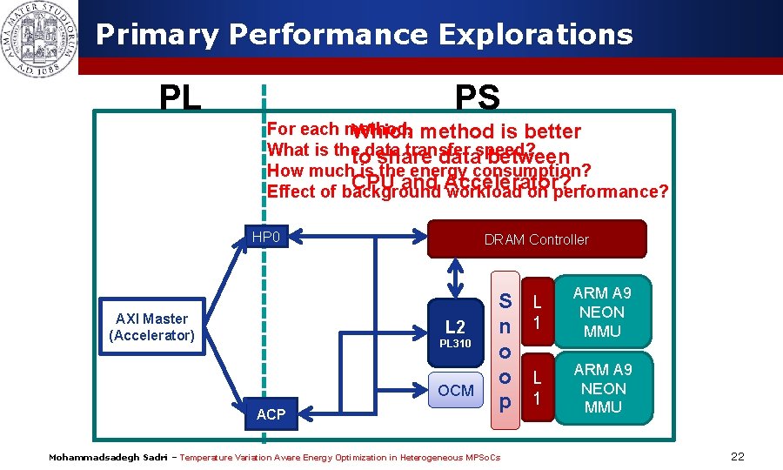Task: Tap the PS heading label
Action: click(477, 98)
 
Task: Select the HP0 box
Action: click(265, 236)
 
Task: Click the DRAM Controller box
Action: click(537, 239)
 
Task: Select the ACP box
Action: click(271, 414)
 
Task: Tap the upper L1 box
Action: click(537, 312)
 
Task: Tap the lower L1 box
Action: click(537, 388)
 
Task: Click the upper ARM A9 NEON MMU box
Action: click(603, 312)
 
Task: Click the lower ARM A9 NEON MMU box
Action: click(603, 388)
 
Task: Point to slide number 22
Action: click(738, 457)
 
